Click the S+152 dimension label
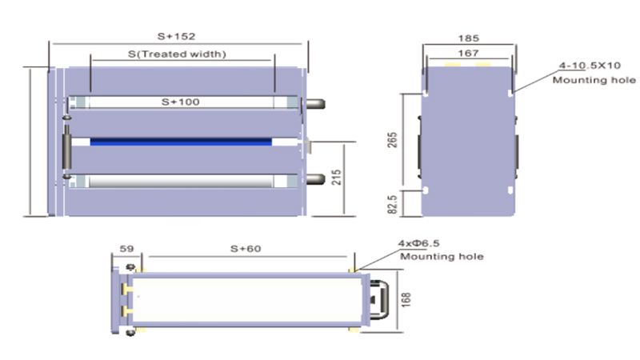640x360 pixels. coord(178,36)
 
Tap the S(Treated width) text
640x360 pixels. coord(178,54)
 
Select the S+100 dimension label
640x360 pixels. coord(180,102)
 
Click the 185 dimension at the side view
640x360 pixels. coord(470,37)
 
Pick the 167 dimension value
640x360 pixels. coord(469,54)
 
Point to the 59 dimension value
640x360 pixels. coord(126,249)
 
